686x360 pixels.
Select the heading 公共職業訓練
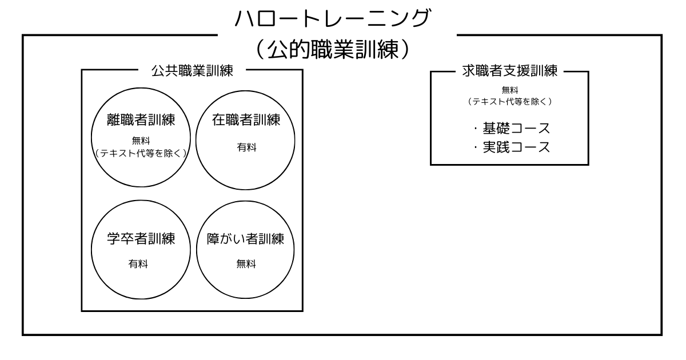[x=192, y=71]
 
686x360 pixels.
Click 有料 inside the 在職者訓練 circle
[x=246, y=147]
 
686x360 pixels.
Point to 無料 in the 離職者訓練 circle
[x=141, y=141]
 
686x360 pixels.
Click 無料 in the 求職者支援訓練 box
[x=509, y=89]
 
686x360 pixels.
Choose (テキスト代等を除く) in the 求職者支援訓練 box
[x=509, y=101]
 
